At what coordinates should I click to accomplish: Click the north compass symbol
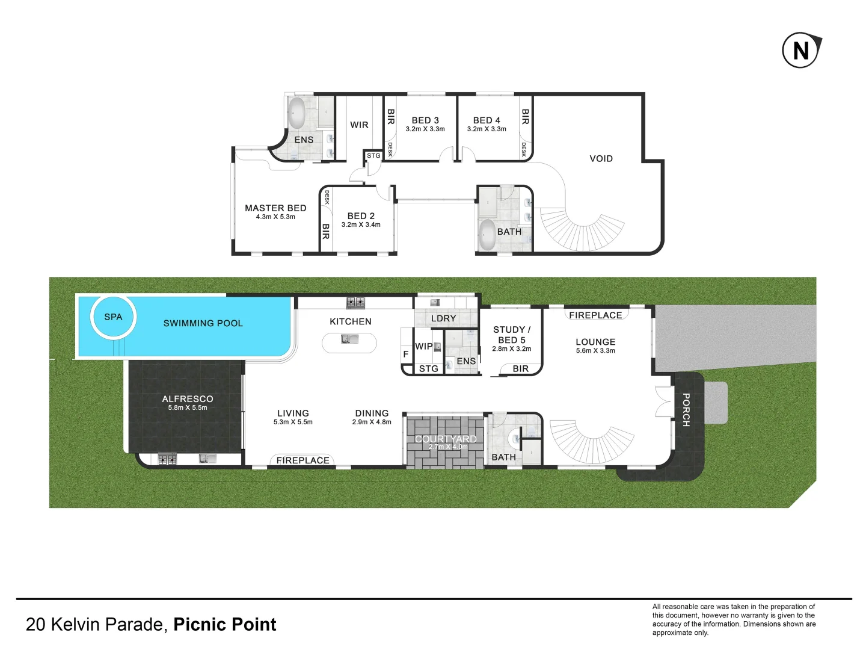pyautogui.click(x=801, y=51)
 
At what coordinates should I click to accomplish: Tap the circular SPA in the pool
pyautogui.click(x=113, y=317)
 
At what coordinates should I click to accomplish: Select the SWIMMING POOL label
pyautogui.click(x=203, y=323)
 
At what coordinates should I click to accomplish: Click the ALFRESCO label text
pyautogui.click(x=188, y=399)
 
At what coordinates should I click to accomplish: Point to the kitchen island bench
pyautogui.click(x=349, y=343)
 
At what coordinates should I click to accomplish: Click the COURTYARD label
pyautogui.click(x=446, y=439)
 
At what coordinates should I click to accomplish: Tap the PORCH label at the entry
pyautogui.click(x=686, y=410)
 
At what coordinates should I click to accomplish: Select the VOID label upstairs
pyautogui.click(x=601, y=159)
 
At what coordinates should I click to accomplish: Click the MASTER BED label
pyautogui.click(x=275, y=208)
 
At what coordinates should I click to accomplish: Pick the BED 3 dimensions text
pyautogui.click(x=425, y=129)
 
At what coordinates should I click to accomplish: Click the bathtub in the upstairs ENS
pyautogui.click(x=296, y=113)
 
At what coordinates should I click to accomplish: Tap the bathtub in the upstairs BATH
pyautogui.click(x=487, y=234)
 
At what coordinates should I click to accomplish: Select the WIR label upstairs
pyautogui.click(x=359, y=125)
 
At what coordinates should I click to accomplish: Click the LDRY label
pyautogui.click(x=444, y=318)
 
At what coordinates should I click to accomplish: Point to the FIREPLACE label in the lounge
pyautogui.click(x=595, y=315)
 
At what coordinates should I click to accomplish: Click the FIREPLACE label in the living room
pyautogui.click(x=302, y=460)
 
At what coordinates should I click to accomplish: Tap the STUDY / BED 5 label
pyautogui.click(x=512, y=335)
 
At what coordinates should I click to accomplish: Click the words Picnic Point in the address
pyautogui.click(x=225, y=625)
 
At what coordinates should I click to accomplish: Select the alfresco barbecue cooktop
pyautogui.click(x=167, y=459)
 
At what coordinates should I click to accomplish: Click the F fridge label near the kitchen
pyautogui.click(x=406, y=354)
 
